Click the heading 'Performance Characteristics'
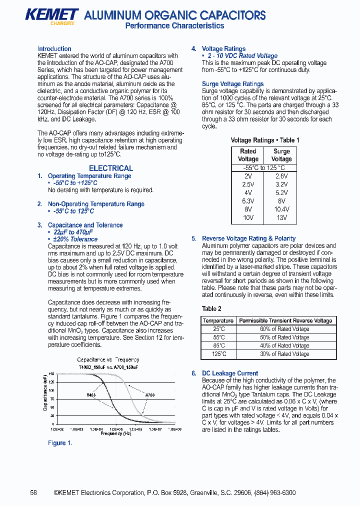(x=174, y=26)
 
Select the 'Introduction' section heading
(x=54, y=48)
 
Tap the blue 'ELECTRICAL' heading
(x=110, y=168)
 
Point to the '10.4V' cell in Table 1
(x=281, y=209)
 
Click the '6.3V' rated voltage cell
(x=248, y=201)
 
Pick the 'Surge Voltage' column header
(x=281, y=155)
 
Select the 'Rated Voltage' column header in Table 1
(x=248, y=155)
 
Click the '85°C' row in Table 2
(x=219, y=345)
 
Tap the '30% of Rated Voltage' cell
(x=284, y=354)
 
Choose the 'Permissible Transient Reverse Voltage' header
(x=285, y=320)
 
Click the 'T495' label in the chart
(x=91, y=395)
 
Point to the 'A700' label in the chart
(x=149, y=395)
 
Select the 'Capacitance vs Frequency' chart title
(x=108, y=359)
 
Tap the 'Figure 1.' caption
(x=60, y=443)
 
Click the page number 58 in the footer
(x=33, y=492)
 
